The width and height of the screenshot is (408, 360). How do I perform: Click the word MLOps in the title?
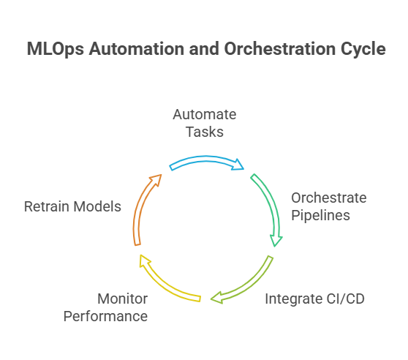click(56, 49)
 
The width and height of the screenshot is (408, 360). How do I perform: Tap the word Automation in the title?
click(137, 49)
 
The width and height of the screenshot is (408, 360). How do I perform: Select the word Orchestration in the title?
click(280, 49)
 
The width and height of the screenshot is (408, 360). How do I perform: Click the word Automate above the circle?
click(205, 114)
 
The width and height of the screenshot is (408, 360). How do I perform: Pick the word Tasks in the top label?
click(205, 132)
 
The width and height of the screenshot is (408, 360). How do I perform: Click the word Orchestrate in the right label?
click(329, 198)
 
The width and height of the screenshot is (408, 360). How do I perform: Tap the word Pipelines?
click(320, 216)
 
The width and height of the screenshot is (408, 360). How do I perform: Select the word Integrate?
click(293, 299)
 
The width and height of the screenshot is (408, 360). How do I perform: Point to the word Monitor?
click(123, 299)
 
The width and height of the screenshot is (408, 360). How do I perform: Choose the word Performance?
click(105, 316)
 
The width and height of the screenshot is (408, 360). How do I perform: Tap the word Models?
click(97, 206)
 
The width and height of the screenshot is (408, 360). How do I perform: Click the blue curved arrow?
click(206, 159)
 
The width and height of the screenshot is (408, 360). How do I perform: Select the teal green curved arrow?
click(271, 202)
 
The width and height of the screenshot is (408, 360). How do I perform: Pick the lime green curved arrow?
click(250, 286)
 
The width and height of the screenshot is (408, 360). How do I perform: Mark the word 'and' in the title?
click(204, 49)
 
